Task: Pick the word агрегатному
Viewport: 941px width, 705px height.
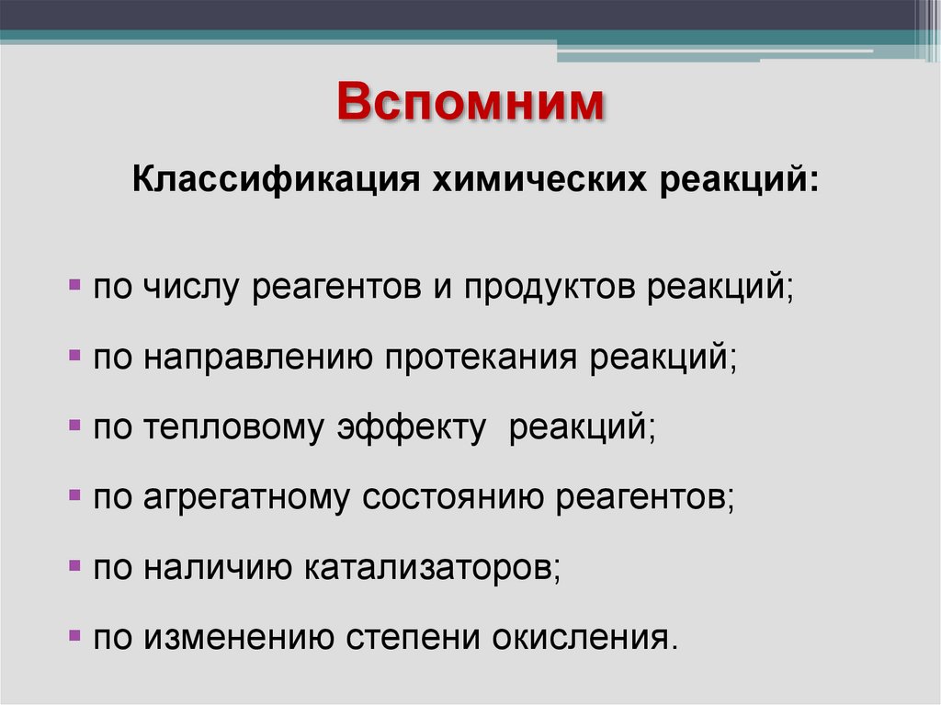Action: [x=246, y=497]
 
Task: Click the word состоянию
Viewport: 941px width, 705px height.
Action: [x=454, y=497]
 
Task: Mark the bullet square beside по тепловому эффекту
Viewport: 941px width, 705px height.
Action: [x=74, y=426]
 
